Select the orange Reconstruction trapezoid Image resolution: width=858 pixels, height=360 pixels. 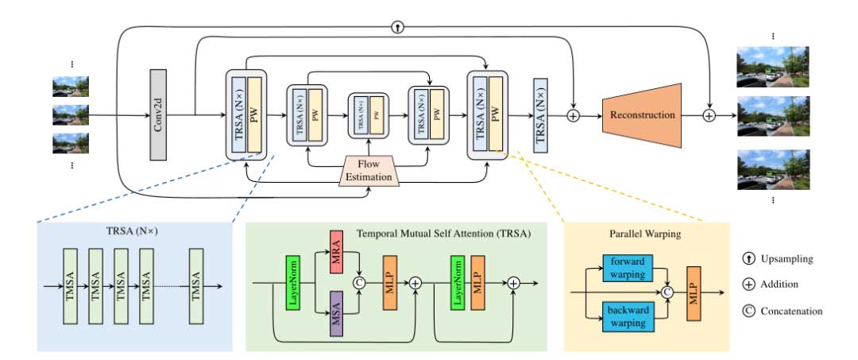point(643,115)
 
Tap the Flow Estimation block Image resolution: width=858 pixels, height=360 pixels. point(368,170)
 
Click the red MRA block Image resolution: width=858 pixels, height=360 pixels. point(337,250)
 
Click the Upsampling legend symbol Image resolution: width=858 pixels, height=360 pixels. point(750,259)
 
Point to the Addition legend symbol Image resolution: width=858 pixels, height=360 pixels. point(750,285)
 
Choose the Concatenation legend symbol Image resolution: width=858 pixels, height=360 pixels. point(750,311)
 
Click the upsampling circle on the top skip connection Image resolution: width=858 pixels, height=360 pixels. point(398,27)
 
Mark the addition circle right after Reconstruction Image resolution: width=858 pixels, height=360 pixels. point(709,116)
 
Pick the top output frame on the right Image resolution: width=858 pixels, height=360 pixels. point(772,66)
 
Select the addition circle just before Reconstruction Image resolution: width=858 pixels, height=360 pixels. point(574,116)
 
